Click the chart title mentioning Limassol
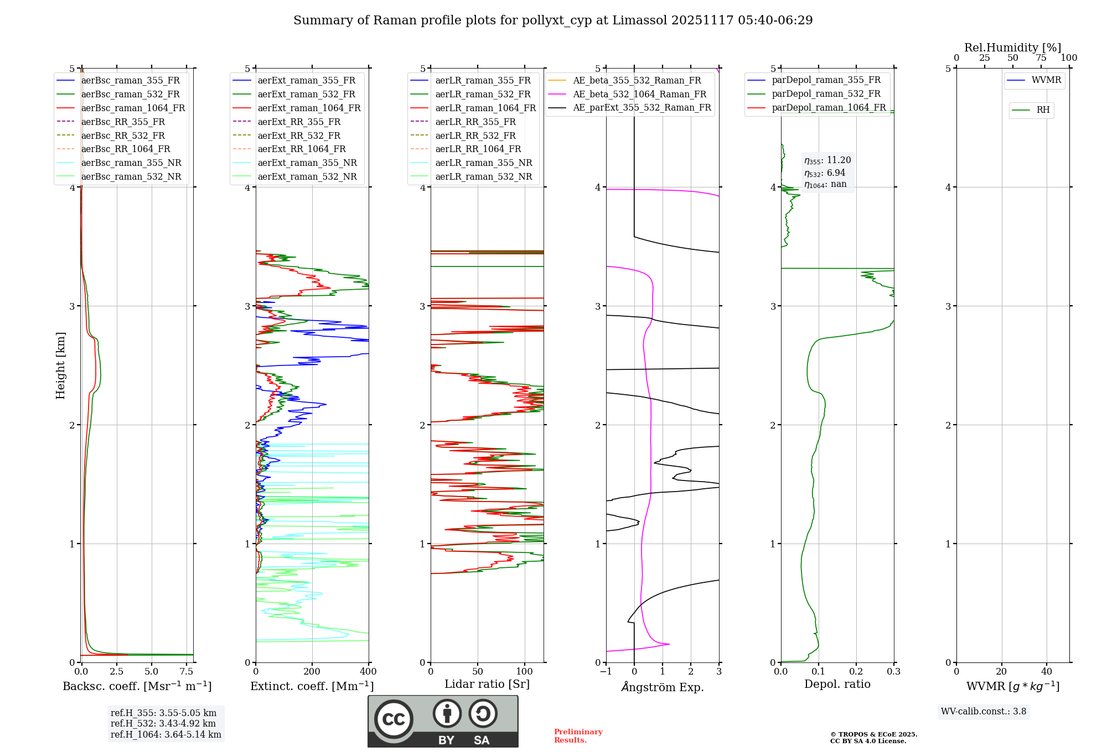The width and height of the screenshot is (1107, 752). tap(553, 20)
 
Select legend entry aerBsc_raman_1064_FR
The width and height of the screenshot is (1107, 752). tap(133, 108)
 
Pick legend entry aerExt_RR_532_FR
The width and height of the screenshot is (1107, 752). tap(299, 135)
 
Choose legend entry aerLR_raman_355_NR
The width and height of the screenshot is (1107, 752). tap(483, 163)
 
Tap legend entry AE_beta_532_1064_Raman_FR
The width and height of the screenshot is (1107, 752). tap(639, 94)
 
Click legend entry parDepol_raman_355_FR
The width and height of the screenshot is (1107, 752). tap(826, 80)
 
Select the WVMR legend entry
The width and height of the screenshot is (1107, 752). tap(1046, 80)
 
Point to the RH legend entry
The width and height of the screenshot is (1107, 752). tap(1043, 110)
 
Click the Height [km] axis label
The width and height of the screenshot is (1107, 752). tap(60, 365)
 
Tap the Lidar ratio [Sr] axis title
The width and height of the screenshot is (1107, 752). tap(487, 684)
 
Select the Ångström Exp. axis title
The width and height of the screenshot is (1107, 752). tap(663, 687)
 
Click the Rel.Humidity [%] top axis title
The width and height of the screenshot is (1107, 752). tap(1012, 48)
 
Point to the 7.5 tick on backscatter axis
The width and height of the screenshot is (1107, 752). tap(187, 671)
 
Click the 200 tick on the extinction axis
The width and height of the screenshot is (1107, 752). tap(312, 671)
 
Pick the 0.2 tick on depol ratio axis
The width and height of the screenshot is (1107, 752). tap(856, 671)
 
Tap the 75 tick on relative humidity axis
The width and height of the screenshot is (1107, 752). tap(1041, 58)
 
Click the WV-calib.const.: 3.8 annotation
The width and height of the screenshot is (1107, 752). tap(983, 712)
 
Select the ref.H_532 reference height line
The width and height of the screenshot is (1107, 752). tap(163, 723)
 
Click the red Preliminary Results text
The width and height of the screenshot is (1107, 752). tap(578, 735)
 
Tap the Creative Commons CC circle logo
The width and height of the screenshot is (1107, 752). tap(394, 719)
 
